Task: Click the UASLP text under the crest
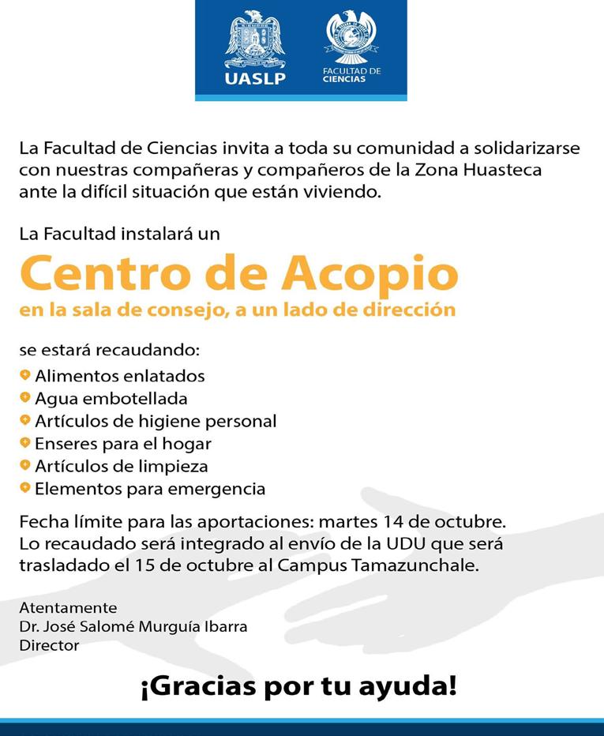pyautogui.click(x=254, y=78)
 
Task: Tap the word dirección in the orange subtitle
pyautogui.click(x=414, y=310)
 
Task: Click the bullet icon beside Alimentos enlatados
pyautogui.click(x=25, y=375)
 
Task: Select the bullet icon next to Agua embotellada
pyautogui.click(x=25, y=398)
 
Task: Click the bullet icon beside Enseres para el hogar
pyautogui.click(x=25, y=443)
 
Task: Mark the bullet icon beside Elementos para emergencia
pyautogui.click(x=25, y=488)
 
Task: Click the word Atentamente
pyautogui.click(x=68, y=608)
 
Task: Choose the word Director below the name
pyautogui.click(x=49, y=645)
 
